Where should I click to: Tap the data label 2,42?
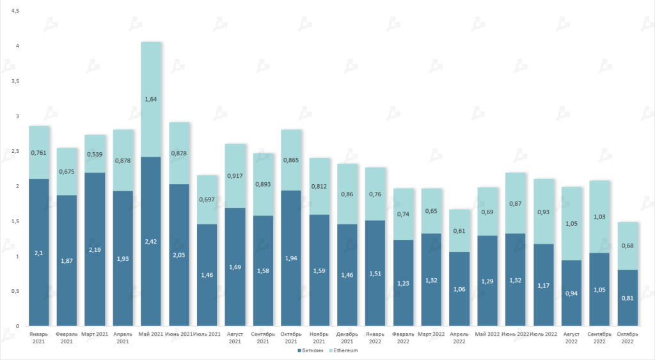coord(151,242)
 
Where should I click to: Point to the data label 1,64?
coord(151,99)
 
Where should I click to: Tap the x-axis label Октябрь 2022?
coord(627,338)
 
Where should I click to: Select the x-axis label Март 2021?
coord(95,334)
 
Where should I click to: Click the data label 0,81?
coord(627,297)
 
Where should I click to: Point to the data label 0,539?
coord(95,154)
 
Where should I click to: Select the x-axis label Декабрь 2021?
coord(347,338)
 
